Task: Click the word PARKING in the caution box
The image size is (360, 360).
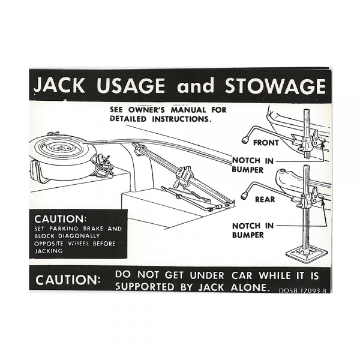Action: (x=67, y=229)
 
